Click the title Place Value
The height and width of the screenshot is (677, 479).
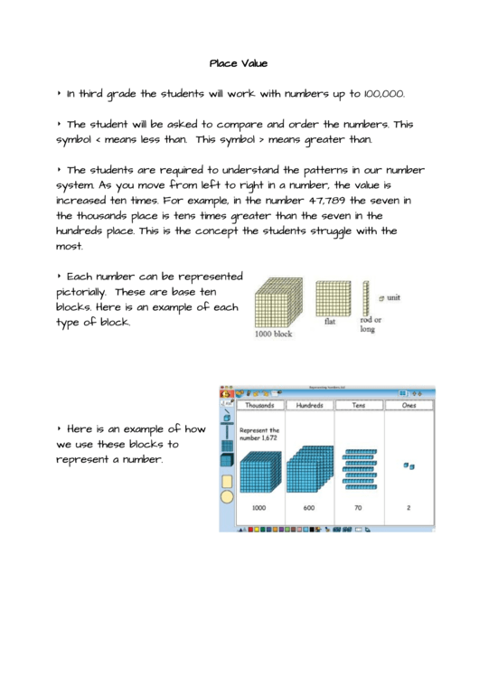click(239, 63)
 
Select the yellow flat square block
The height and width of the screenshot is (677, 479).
click(333, 297)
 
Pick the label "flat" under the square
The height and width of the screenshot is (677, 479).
click(331, 321)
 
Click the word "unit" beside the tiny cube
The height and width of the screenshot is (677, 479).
click(394, 296)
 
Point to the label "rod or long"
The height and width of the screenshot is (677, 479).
click(371, 324)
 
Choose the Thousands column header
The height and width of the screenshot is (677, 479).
click(259, 406)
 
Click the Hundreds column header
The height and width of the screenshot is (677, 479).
click(309, 406)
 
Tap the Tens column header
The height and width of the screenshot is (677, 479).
click(360, 406)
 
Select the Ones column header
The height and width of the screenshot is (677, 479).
click(409, 406)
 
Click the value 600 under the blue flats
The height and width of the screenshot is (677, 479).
click(309, 508)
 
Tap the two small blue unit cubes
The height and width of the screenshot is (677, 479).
click(409, 466)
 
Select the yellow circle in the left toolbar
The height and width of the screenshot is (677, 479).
click(227, 496)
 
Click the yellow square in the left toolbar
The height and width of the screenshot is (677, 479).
click(227, 481)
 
